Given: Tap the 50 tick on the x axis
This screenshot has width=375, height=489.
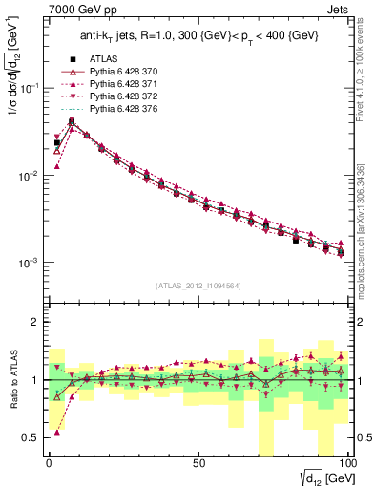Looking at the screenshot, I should [198, 462].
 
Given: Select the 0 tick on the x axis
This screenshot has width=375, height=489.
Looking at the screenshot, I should [49, 462].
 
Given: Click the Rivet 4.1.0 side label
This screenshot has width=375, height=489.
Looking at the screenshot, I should [367, 86].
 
